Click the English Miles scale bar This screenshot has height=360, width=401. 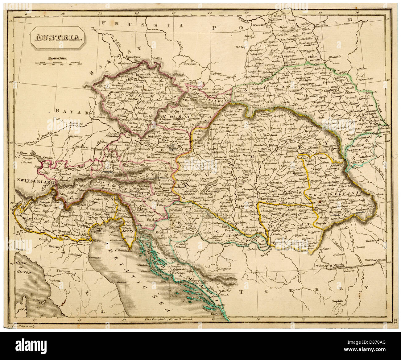pyautogui.click(x=58, y=62)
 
